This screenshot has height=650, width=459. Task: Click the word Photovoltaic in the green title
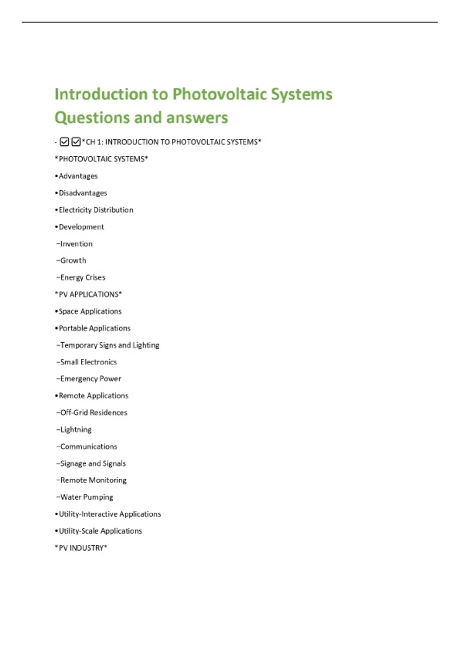point(220,94)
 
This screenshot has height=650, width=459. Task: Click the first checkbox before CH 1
point(65,142)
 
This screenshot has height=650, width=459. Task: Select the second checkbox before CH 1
point(76,142)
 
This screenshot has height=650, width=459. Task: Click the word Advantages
point(78,176)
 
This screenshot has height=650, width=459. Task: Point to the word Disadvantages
point(83,193)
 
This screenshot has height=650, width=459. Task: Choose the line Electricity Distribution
point(96,210)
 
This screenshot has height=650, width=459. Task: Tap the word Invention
point(76,244)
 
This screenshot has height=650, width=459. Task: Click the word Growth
point(73,260)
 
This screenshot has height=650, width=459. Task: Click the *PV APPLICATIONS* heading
point(88,294)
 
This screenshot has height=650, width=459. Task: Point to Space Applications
point(90,311)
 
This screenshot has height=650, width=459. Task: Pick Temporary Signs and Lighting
point(110,345)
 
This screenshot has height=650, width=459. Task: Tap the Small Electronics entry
point(88,362)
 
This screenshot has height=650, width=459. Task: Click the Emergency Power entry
point(91,379)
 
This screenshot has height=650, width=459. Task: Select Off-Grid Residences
point(94,413)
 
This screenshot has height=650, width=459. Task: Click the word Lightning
point(76,429)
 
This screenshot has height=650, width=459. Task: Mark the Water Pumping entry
point(87,497)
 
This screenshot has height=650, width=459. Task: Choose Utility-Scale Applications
point(100,531)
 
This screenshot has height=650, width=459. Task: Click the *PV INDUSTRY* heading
point(81,548)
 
